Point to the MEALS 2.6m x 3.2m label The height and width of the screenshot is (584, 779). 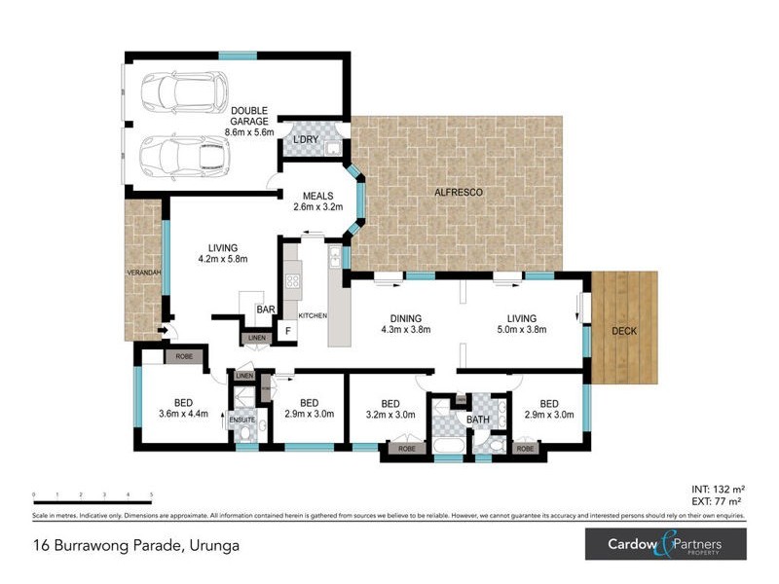[318, 201]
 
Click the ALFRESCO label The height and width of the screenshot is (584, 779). [459, 193]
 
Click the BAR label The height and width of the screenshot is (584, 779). [264, 310]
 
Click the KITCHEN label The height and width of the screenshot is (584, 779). [312, 316]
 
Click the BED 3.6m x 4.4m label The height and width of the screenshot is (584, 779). [184, 408]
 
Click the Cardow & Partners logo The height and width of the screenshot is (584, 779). [665, 543]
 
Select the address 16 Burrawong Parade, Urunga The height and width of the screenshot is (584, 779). [134, 546]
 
